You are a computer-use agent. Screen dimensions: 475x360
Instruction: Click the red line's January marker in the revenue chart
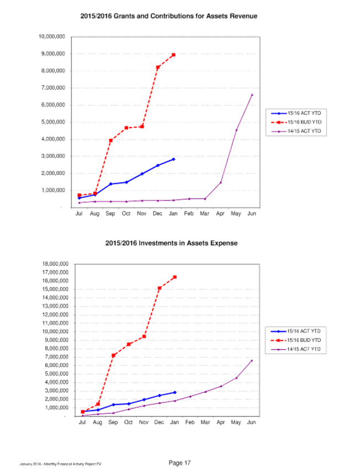pyautogui.click(x=173, y=55)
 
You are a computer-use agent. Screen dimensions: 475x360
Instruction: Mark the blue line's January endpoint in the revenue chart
pyautogui.click(x=173, y=159)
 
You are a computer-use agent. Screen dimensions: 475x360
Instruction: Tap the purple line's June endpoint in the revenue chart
pyautogui.click(x=252, y=94)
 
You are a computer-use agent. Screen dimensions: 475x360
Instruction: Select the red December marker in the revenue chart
pyautogui.click(x=158, y=67)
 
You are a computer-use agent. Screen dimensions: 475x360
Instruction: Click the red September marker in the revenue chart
pyautogui.click(x=111, y=140)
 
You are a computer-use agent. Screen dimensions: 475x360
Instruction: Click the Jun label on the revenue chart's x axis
pyautogui.click(x=252, y=213)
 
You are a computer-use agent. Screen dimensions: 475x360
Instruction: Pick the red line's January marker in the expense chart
pyautogui.click(x=175, y=277)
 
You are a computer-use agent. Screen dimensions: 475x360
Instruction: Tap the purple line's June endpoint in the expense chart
pyautogui.click(x=252, y=360)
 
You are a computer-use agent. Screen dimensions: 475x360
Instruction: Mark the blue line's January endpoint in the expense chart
pyautogui.click(x=175, y=392)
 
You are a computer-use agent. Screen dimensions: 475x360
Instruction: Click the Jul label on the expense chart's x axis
pyautogui.click(x=82, y=423)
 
